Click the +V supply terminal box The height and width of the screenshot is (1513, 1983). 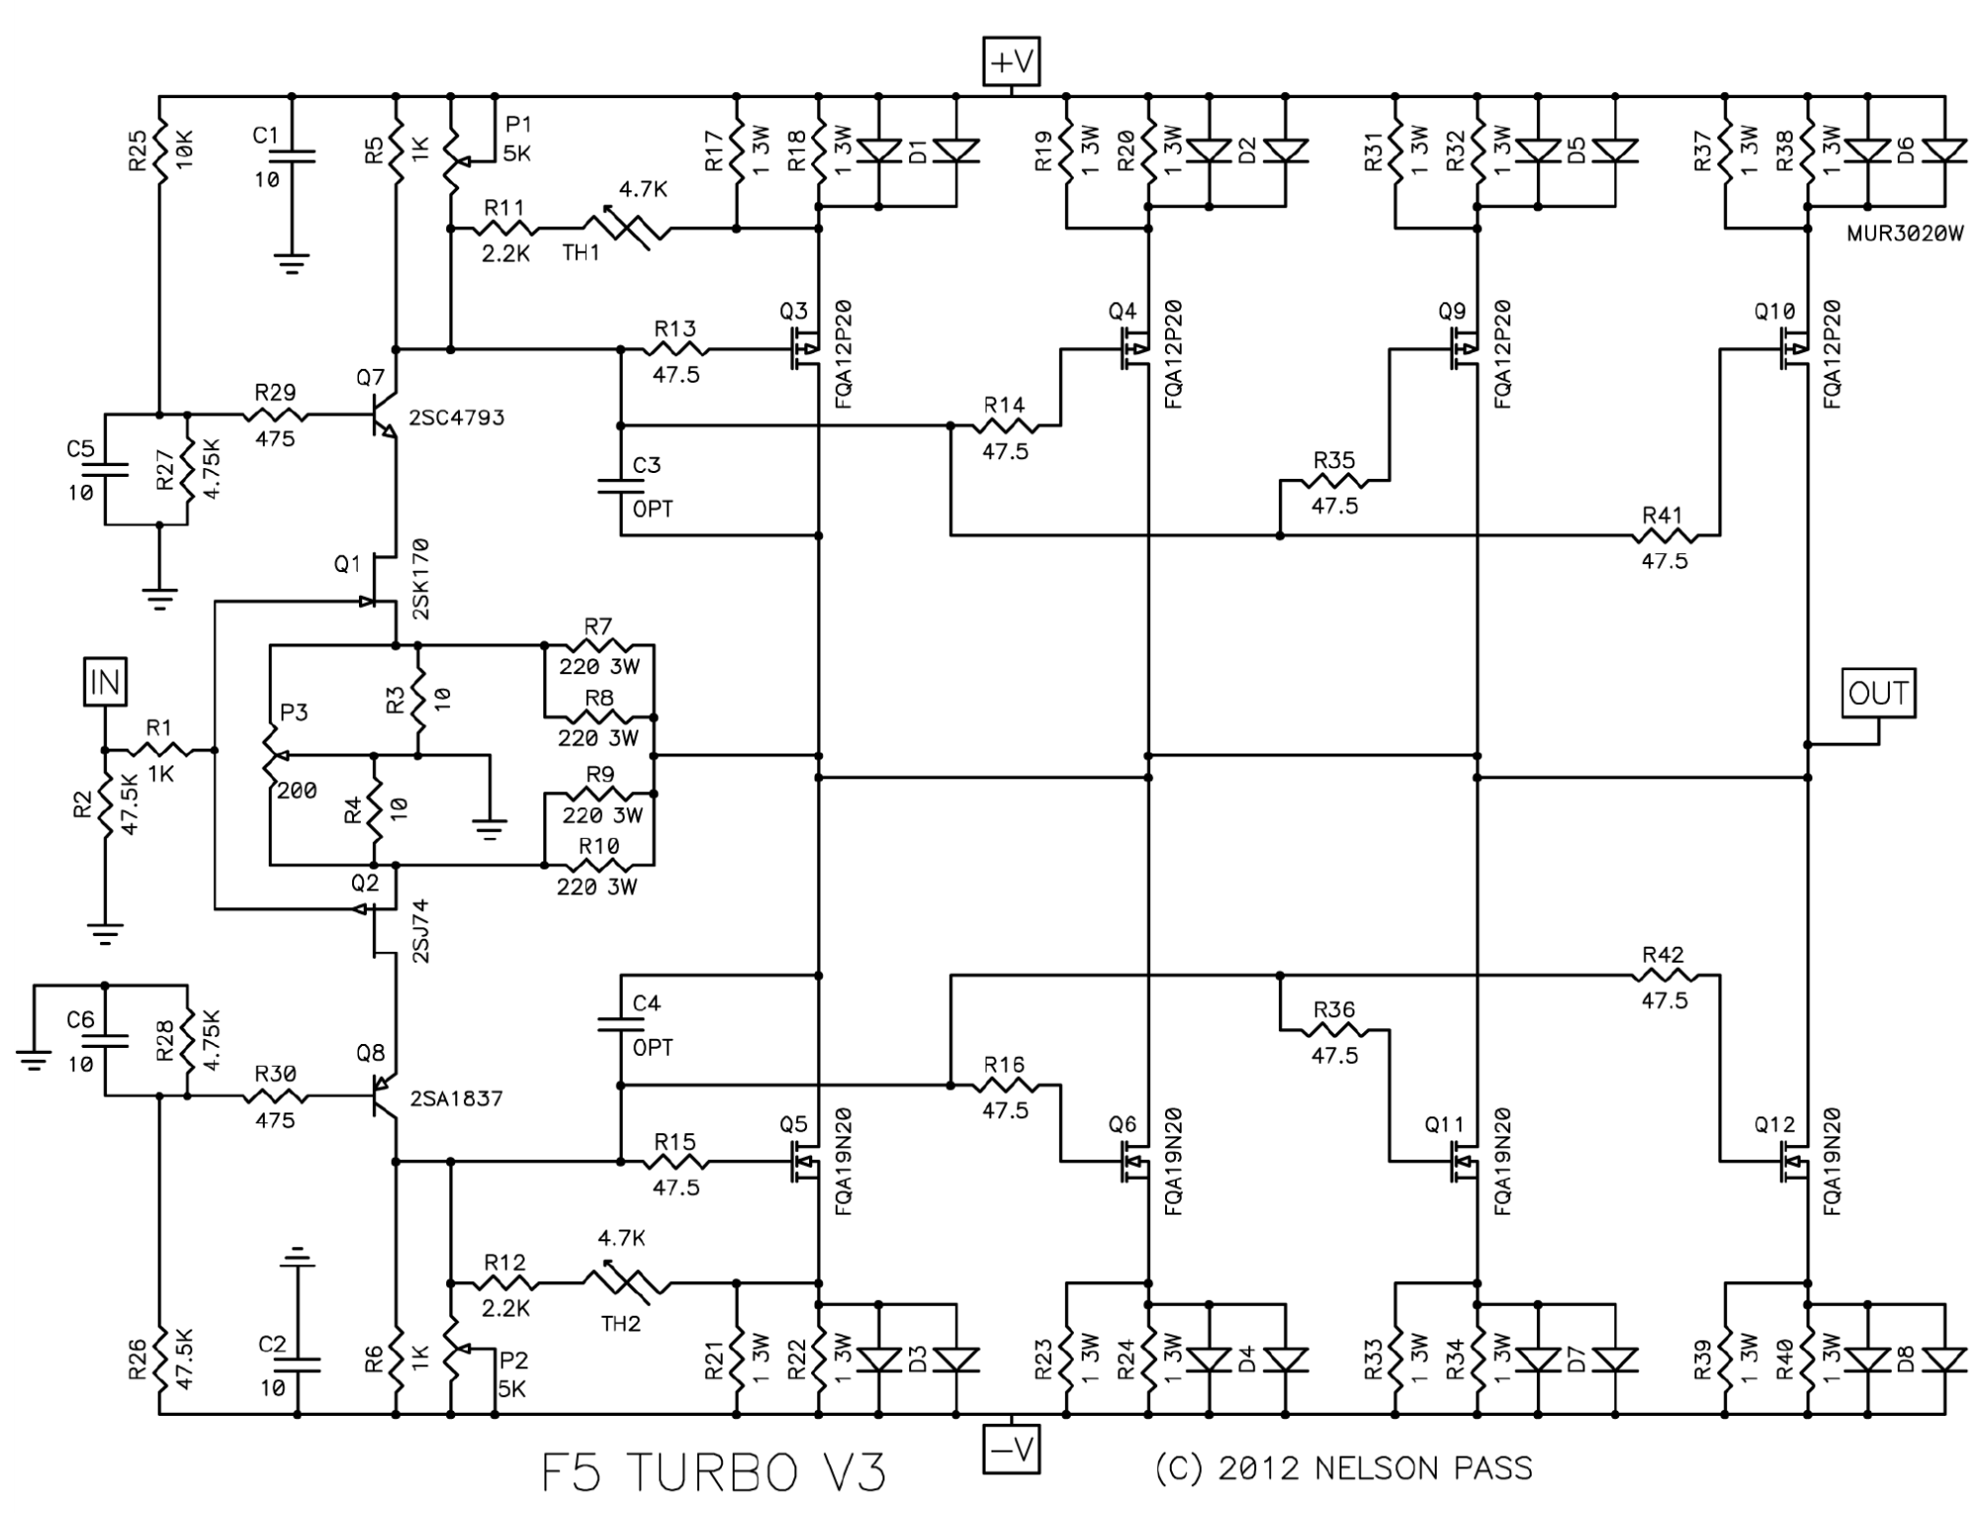pyautogui.click(x=1010, y=61)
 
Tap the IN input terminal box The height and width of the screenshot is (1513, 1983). pyautogui.click(x=104, y=681)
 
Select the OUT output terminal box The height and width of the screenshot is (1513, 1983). pyautogui.click(x=1878, y=693)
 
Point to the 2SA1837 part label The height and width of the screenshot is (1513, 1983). pyautogui.click(x=455, y=1099)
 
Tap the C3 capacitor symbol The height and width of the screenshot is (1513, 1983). pyautogui.click(x=621, y=486)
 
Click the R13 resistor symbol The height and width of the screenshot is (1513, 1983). pyautogui.click(x=675, y=349)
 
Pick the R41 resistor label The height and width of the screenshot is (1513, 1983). pyautogui.click(x=1663, y=515)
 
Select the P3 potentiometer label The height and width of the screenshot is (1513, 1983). pyautogui.click(x=294, y=712)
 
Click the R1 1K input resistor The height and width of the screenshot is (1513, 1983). pyautogui.click(x=159, y=751)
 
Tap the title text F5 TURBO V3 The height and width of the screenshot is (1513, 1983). pyautogui.click(x=713, y=1472)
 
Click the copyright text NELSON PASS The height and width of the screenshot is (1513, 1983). pyautogui.click(x=1424, y=1468)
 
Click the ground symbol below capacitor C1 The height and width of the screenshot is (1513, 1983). pyautogui.click(x=292, y=263)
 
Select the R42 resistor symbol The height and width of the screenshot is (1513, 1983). pyautogui.click(x=1663, y=977)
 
